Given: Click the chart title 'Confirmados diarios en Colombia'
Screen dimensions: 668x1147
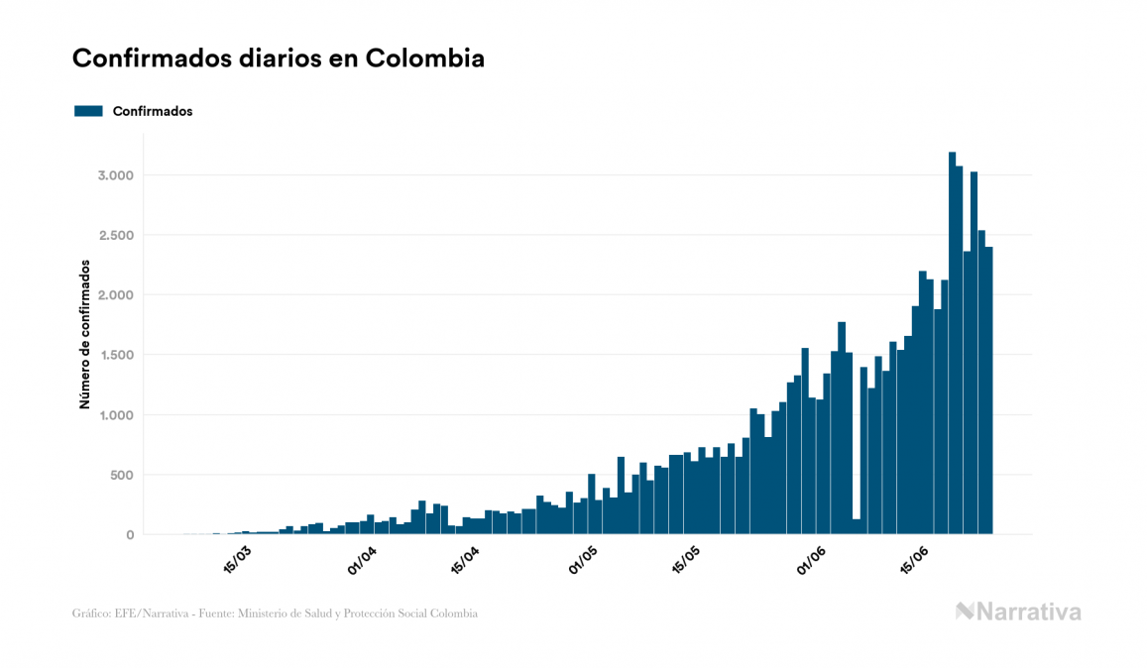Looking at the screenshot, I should point(279,58).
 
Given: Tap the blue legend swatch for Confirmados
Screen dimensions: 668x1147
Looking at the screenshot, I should point(88,111).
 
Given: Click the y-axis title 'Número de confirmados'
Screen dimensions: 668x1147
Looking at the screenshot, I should point(85,335).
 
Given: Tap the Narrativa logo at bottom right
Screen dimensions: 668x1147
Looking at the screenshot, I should point(1018,612).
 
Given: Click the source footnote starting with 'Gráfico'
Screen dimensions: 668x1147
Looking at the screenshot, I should point(275,613).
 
